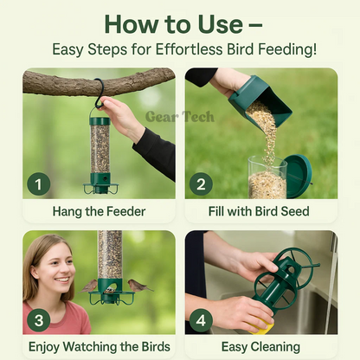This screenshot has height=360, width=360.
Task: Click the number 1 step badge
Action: (39, 184)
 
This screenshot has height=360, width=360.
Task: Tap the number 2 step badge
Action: (201, 184)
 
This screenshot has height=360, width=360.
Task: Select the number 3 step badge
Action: (39, 320)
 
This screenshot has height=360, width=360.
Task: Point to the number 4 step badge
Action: (201, 320)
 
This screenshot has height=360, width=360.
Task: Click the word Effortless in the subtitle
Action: (190, 49)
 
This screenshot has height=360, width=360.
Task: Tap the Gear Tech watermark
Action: (180, 117)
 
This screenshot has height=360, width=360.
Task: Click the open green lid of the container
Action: (299, 177)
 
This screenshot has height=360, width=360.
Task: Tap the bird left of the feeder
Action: (88, 286)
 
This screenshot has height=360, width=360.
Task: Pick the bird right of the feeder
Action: (138, 286)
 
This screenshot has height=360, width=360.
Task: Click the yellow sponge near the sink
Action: (262, 327)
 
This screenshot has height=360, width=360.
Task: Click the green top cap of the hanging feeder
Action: (100, 120)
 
